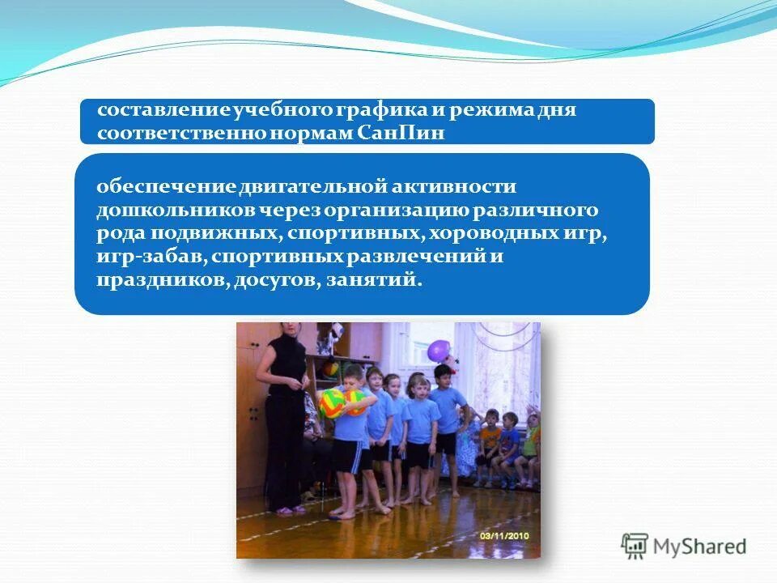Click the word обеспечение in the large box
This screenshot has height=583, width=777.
tap(165, 187)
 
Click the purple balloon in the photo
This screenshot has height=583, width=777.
tap(438, 350)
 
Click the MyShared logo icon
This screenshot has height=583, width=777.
tap(635, 547)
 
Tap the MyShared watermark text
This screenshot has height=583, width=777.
tap(700, 547)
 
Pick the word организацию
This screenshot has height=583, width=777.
tap(392, 211)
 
